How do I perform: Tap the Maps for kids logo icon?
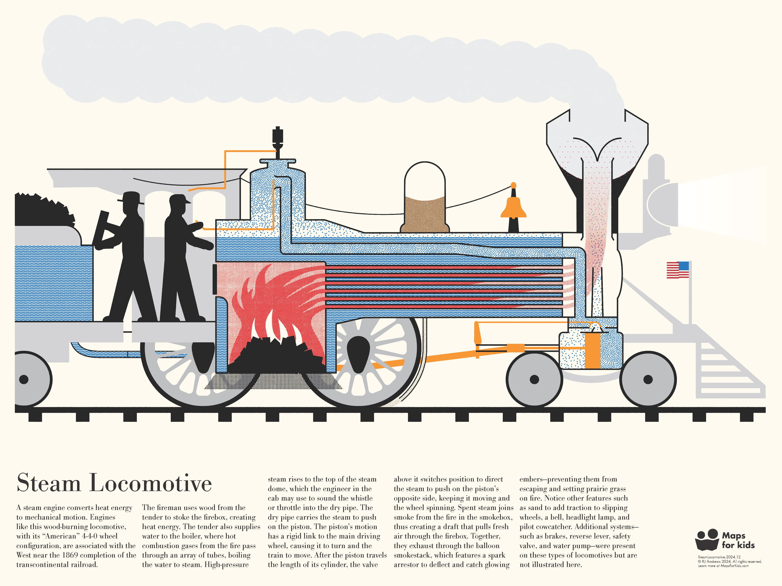[x=707, y=539]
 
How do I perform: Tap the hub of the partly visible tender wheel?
[x=24, y=379]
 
